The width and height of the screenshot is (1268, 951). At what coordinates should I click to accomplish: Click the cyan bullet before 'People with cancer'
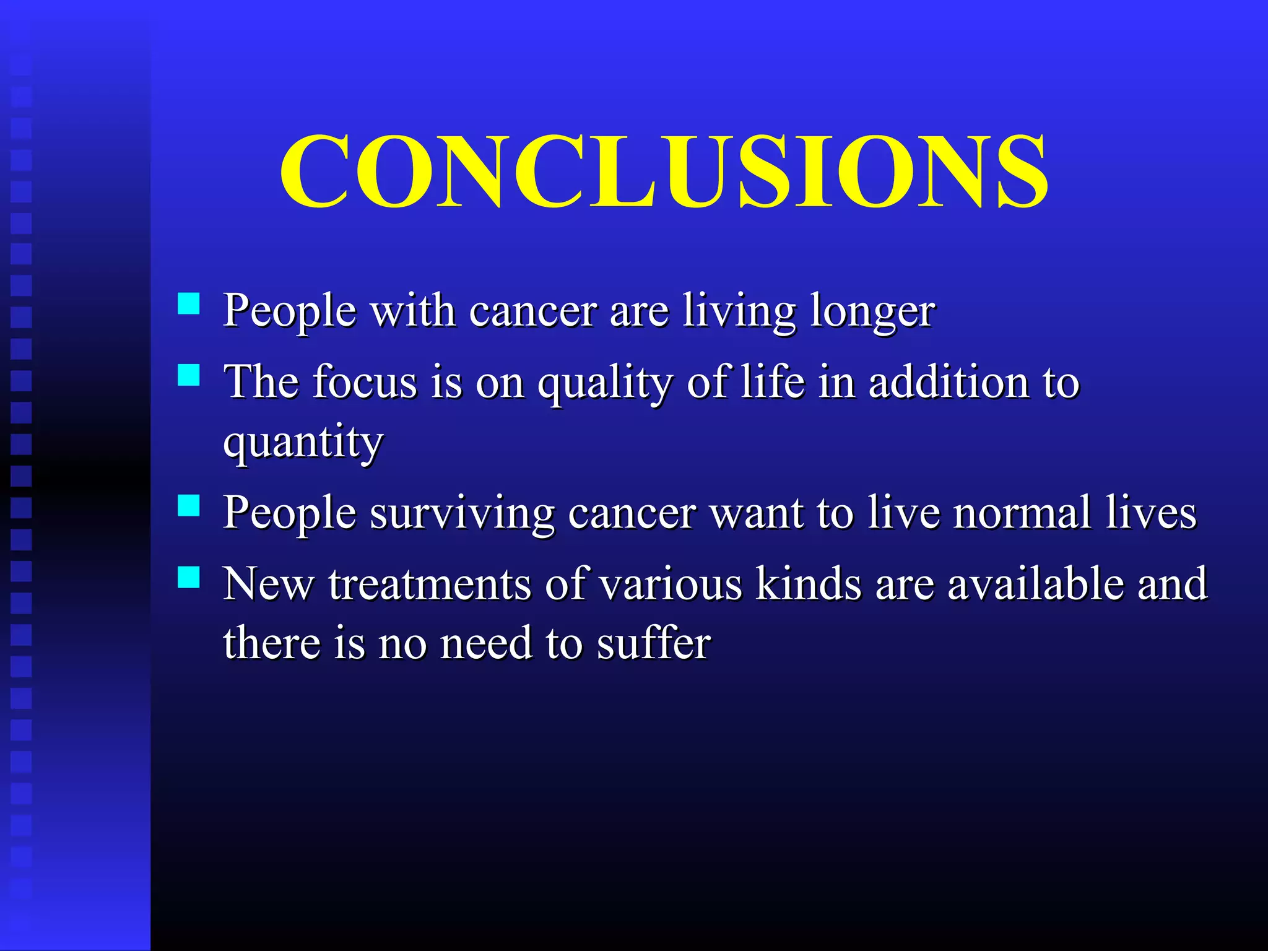coord(188,304)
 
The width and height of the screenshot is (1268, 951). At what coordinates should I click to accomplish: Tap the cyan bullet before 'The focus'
coord(188,375)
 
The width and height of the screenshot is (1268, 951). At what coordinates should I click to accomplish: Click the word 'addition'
coord(947,382)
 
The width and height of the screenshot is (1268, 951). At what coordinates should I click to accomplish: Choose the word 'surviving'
coord(462,515)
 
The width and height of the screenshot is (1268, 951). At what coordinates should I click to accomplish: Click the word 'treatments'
coord(429,584)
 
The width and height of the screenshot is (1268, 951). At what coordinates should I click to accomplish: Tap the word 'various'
coord(671,584)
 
